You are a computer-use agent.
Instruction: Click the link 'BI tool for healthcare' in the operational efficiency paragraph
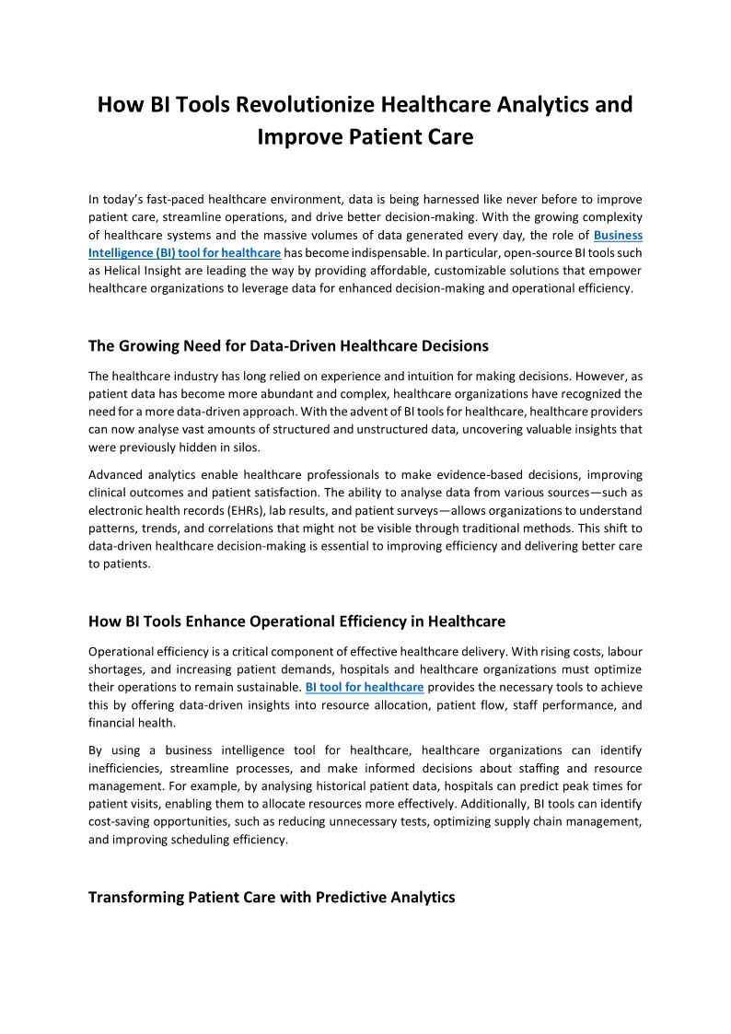pyautogui.click(x=365, y=687)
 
